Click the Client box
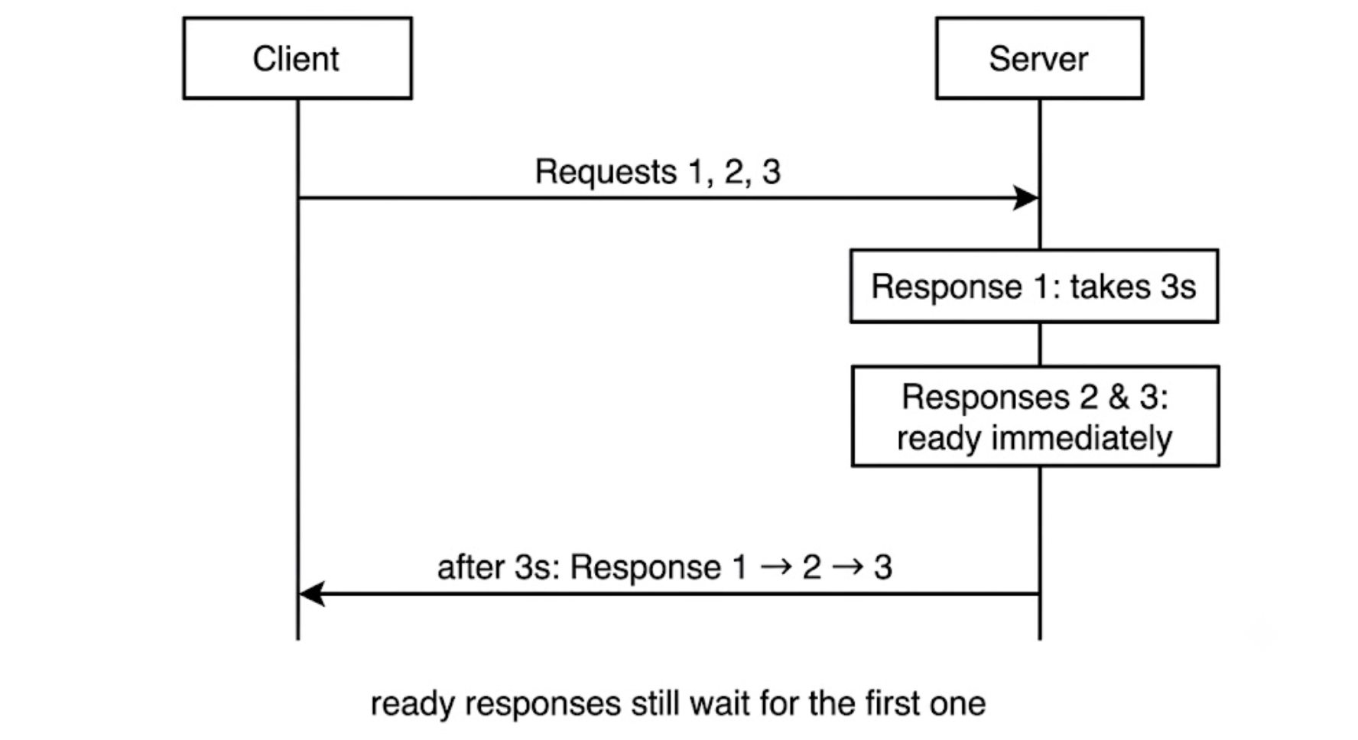(x=297, y=58)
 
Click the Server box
(x=1039, y=58)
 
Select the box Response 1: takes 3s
(x=1034, y=286)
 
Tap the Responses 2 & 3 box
(x=1035, y=416)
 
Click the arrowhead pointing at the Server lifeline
(x=1025, y=198)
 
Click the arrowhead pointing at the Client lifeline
(x=312, y=593)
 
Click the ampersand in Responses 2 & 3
(x=1119, y=398)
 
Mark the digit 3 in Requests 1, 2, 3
(x=772, y=172)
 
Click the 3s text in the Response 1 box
(x=1178, y=287)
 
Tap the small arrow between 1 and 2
(x=775, y=566)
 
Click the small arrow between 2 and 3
(x=848, y=566)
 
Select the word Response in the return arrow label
(x=645, y=567)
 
